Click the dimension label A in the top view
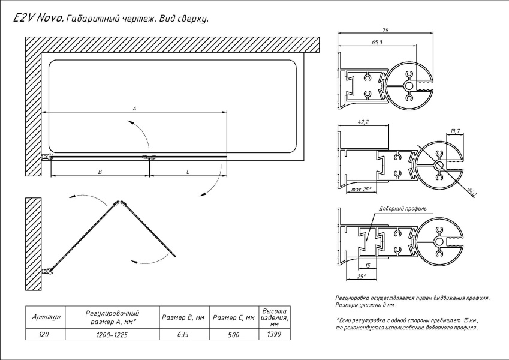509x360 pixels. click(135, 109)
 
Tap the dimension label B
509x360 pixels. click(100, 172)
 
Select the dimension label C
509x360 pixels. click(188, 172)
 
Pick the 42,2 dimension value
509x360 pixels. click(363, 122)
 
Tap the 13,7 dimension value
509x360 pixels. click(454, 131)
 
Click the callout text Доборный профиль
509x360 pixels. click(403, 209)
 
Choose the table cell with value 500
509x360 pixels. click(233, 335)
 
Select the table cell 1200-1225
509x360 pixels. click(112, 335)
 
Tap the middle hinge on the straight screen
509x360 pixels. click(149, 157)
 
